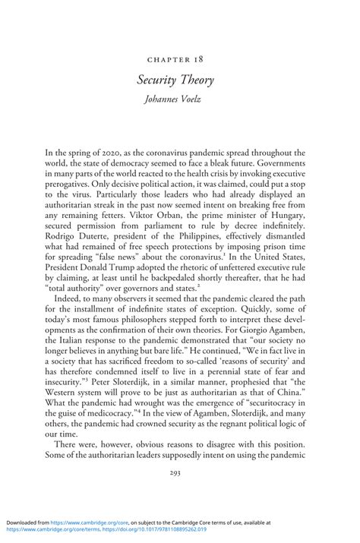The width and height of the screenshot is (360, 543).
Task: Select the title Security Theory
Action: [180, 80]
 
